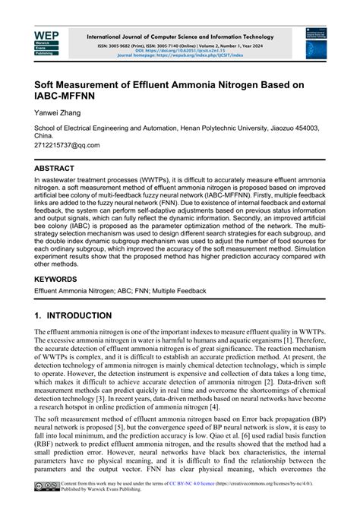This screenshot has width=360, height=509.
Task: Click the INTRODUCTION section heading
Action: point(90,315)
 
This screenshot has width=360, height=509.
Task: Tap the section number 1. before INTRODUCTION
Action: point(39,315)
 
